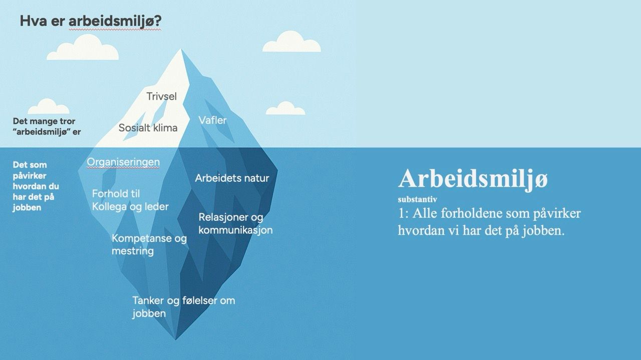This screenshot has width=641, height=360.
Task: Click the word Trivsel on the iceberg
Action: coord(161,96)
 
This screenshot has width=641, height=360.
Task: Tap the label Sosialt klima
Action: coord(148,128)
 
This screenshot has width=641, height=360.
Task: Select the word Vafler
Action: coord(212,120)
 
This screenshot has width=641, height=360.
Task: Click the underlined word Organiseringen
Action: coord(123,162)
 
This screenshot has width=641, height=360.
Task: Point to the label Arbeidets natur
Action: coord(232,178)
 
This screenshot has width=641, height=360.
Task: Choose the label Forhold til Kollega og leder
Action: coord(130,200)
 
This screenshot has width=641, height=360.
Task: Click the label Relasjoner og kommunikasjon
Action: coord(235,224)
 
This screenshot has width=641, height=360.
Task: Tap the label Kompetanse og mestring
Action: coord(149,244)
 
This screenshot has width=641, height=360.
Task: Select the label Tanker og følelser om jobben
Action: coord(183,307)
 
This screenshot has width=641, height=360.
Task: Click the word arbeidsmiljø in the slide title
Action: coord(115,22)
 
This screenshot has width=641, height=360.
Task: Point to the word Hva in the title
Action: coord(32,22)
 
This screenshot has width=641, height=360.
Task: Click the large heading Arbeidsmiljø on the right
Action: coord(473,179)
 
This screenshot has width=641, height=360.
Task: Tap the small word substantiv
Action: coord(417,199)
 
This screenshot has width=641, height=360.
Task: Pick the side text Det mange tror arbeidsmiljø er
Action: coord(47,127)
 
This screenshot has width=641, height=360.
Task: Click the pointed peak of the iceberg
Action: coord(181,50)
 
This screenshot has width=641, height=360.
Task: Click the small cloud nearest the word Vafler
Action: coord(285,108)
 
